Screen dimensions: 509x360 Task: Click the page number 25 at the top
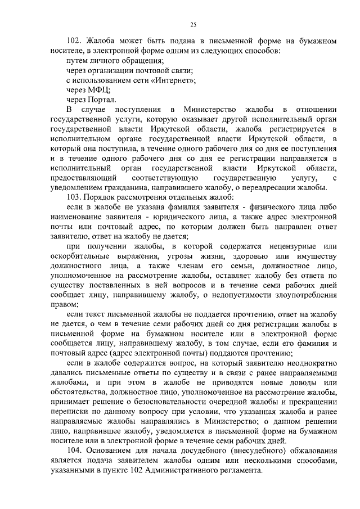(193, 24)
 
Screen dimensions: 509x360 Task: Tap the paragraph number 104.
(74, 451)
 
